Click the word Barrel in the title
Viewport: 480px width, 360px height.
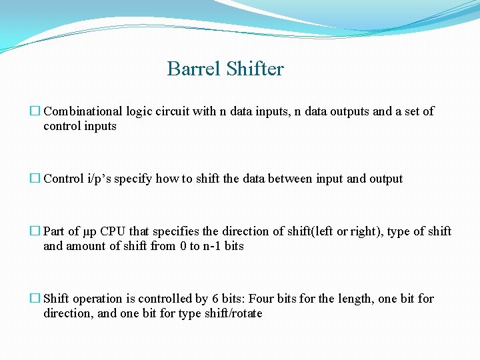[x=194, y=69]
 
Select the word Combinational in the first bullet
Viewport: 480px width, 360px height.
[x=83, y=111]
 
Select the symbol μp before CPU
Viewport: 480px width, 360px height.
[x=91, y=231]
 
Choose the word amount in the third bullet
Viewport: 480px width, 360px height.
[x=87, y=246]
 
